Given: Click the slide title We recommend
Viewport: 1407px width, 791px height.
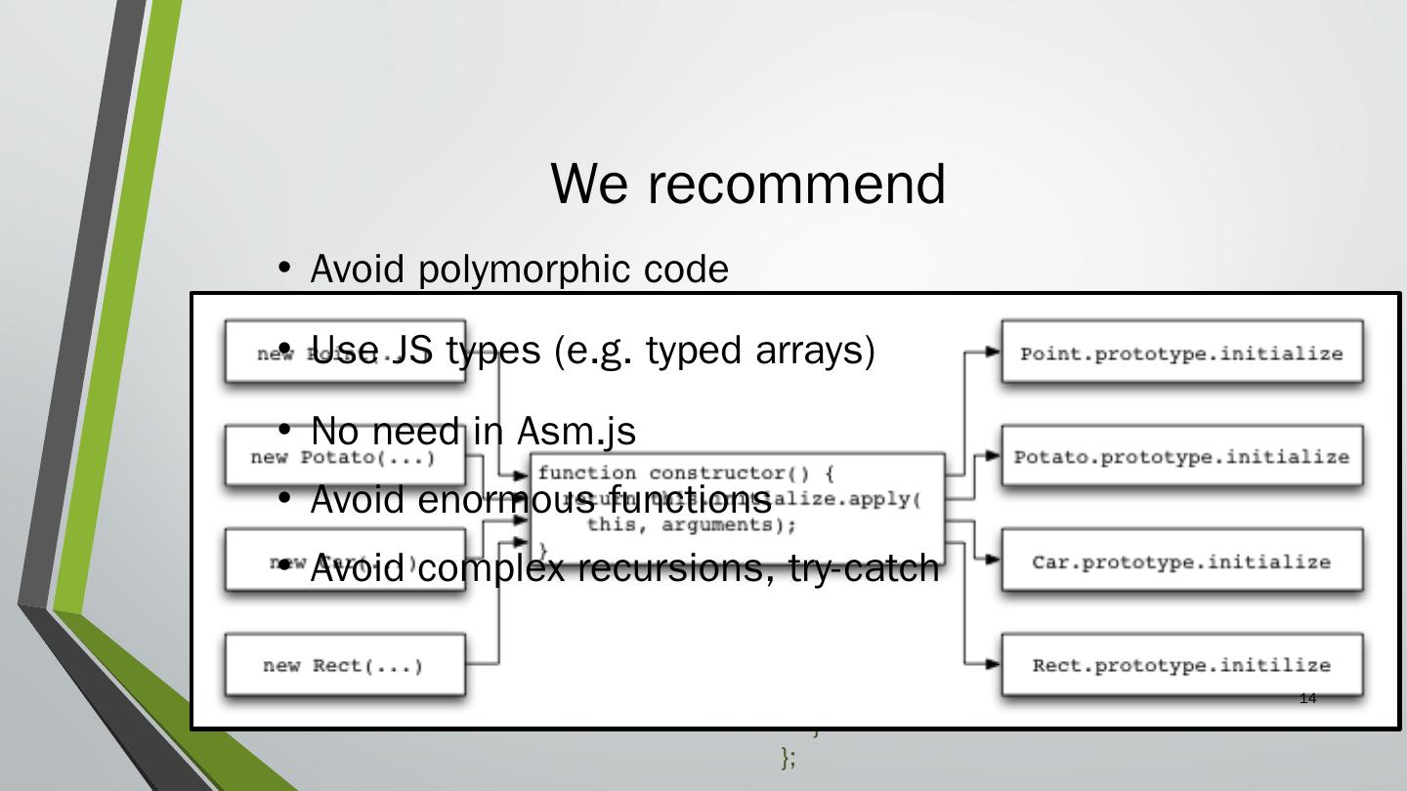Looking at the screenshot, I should coord(747,184).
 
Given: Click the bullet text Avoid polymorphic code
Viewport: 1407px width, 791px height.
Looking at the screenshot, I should coord(519,270).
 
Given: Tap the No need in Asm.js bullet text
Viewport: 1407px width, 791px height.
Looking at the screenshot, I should coord(473,431).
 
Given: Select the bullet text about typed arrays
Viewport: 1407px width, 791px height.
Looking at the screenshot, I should coord(591,350).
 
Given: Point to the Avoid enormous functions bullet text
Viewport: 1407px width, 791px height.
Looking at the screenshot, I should coord(540,500).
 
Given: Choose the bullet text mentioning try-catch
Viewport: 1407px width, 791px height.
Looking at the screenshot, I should coord(624,567).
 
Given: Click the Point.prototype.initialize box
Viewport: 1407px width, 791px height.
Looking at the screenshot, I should coord(1181,354).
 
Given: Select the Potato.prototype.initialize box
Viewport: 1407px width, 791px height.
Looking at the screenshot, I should coord(1181,457).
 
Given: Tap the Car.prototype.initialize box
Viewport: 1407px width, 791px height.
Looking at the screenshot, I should coord(1181,562).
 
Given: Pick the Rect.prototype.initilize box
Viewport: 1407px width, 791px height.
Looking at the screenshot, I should coord(1181,665).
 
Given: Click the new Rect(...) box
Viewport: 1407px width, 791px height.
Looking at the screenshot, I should coord(344,665).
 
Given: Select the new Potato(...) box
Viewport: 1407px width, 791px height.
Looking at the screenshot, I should coord(344,457).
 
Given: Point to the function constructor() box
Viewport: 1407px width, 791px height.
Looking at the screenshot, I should coord(738,508).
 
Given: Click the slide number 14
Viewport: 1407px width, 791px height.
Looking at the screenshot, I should coord(1308,698).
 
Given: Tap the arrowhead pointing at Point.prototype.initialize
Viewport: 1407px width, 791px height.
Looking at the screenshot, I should coord(993,353).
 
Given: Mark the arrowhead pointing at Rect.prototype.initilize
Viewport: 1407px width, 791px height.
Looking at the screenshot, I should coord(993,664).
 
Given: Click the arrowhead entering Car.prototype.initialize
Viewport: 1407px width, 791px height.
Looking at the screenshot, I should coord(993,561).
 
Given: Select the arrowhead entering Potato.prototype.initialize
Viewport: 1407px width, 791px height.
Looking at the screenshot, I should coord(993,456).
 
